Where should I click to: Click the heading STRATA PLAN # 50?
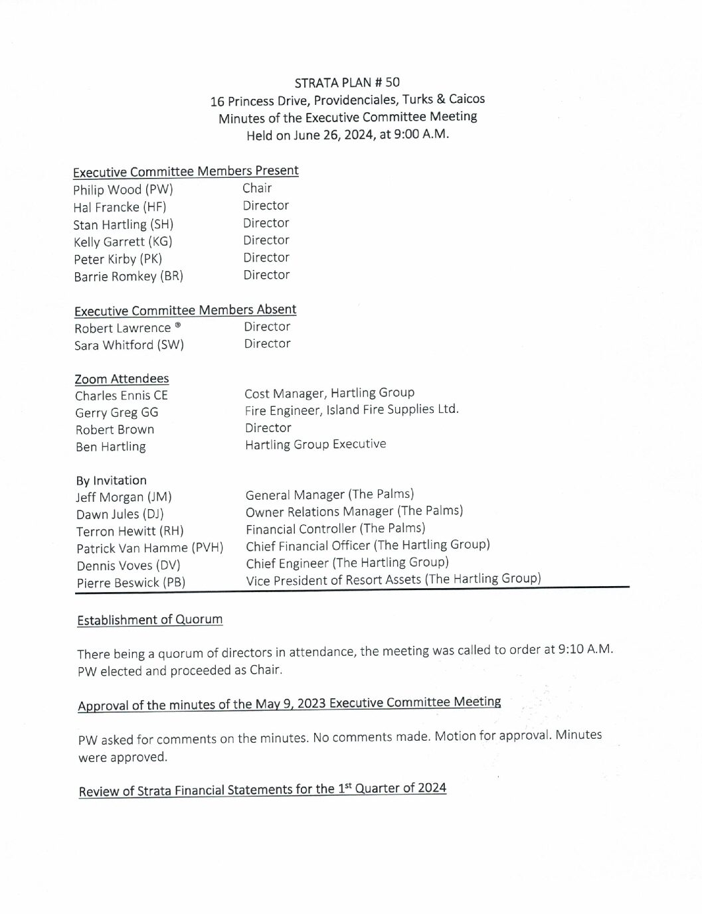(347, 82)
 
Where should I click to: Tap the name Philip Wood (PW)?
(123, 189)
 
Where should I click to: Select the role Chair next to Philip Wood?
(257, 188)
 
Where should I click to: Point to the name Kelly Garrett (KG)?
(123, 242)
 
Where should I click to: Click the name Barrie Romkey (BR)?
(128, 276)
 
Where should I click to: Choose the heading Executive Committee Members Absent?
(185, 310)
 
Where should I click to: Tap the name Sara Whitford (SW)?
(129, 345)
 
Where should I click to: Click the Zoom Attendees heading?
(122, 379)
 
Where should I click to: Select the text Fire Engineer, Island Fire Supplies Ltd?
(351, 410)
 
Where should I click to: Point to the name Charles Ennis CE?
(121, 396)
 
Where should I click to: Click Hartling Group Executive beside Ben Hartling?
(315, 444)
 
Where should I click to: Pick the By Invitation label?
(111, 481)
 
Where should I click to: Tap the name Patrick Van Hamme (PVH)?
(149, 548)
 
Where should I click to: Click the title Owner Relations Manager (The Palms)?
(354, 511)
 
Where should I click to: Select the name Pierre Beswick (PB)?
(131, 583)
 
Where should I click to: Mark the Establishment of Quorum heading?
(149, 620)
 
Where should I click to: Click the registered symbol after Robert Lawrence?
(177, 325)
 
